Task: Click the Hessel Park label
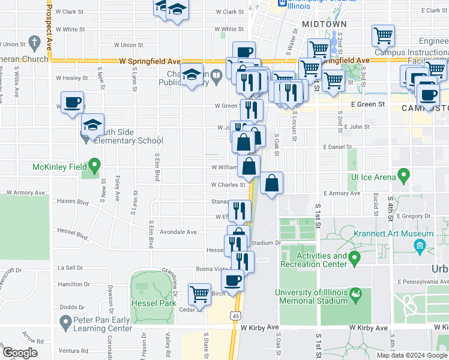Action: click(x=152, y=303)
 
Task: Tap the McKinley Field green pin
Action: click(x=94, y=164)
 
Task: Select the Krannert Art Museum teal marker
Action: click(x=420, y=245)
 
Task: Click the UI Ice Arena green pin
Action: click(x=403, y=176)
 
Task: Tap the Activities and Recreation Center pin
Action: click(x=354, y=258)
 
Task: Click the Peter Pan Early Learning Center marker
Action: click(x=65, y=322)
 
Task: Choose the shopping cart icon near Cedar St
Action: click(x=199, y=294)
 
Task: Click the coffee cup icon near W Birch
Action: click(x=233, y=279)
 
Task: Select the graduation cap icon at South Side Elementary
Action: click(x=93, y=125)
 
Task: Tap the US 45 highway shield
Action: click(x=235, y=315)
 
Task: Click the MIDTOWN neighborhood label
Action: click(x=324, y=24)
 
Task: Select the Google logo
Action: click(x=20, y=353)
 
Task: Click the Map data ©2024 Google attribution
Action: click(x=412, y=355)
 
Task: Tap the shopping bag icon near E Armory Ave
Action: click(x=271, y=182)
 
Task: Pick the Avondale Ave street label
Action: click(x=178, y=232)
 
